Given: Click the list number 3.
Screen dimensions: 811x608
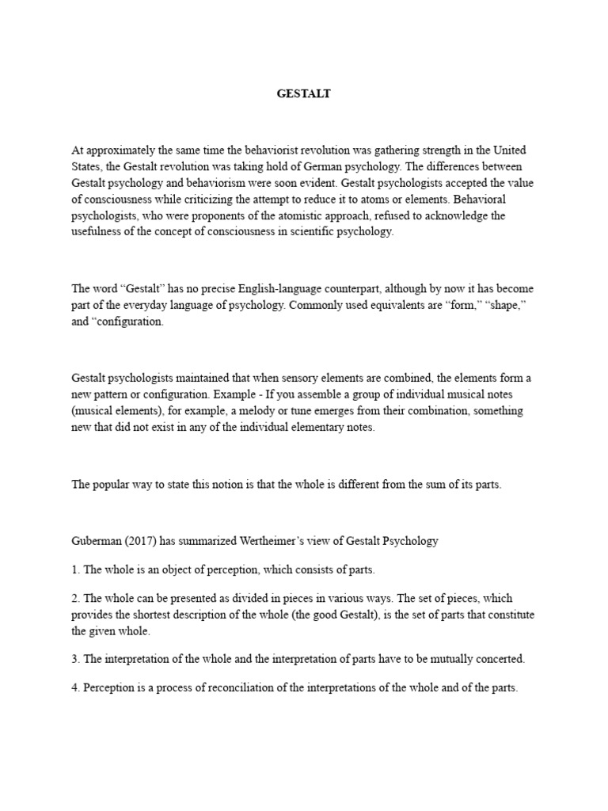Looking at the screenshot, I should coord(74,659).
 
